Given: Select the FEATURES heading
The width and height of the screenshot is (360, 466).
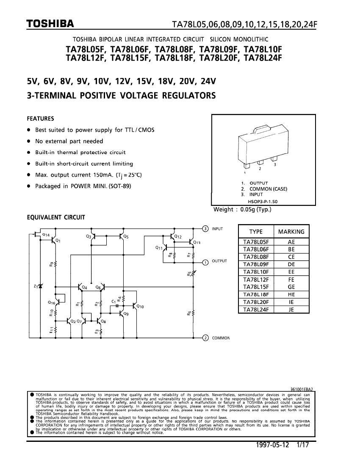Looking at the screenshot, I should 40,118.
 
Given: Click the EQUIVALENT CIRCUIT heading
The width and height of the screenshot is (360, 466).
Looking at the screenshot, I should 55,218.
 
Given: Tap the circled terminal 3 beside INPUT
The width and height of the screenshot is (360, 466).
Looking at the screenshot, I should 205,229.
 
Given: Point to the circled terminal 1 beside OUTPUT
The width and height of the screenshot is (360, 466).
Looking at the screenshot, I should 205,262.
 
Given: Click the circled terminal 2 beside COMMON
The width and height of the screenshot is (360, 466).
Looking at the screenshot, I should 205,338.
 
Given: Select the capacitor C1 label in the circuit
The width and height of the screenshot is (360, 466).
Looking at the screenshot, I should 114,301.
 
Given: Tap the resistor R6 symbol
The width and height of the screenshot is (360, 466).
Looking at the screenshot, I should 194,313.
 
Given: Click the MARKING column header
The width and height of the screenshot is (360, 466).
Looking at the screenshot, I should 291,232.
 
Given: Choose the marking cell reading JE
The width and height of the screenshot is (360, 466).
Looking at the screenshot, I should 291,310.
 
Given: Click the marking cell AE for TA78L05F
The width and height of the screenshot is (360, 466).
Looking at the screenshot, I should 291,242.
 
